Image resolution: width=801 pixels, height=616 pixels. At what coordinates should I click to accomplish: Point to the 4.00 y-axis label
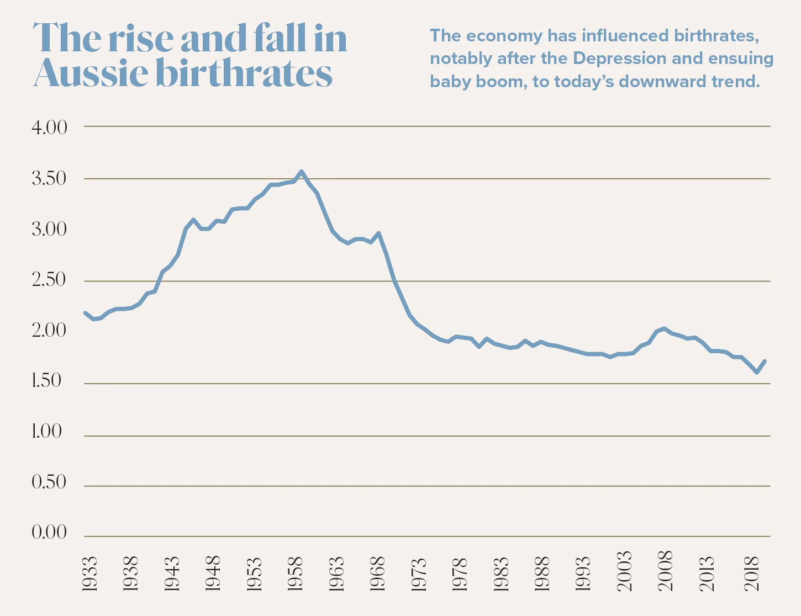point(49,128)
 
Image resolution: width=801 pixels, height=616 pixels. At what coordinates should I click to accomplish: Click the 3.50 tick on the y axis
point(49,179)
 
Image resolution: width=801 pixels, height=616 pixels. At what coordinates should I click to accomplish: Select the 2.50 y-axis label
point(49,280)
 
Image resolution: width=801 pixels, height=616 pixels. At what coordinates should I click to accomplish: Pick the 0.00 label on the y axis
point(49,533)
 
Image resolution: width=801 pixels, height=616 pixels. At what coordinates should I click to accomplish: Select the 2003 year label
point(624,571)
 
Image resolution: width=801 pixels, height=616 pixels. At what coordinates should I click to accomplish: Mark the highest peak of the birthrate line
point(301,172)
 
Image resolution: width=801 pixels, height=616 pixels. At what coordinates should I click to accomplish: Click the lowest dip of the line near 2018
point(757,373)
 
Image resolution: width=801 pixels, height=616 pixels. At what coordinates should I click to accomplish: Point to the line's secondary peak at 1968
point(378,233)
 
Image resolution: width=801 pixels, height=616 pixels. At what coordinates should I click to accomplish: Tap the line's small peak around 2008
point(664,328)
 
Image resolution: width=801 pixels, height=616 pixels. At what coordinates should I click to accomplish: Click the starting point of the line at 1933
point(85,312)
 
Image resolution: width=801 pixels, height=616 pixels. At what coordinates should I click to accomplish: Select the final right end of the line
point(765,361)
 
